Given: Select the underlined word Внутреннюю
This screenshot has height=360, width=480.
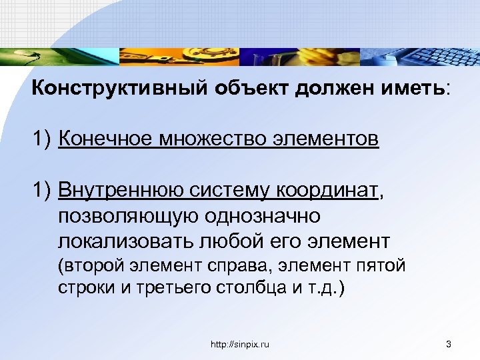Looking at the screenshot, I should tap(123, 191).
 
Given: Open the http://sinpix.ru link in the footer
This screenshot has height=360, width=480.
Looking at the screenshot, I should tap(239, 344).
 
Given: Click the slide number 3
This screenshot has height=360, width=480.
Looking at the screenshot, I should tap(449, 344).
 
